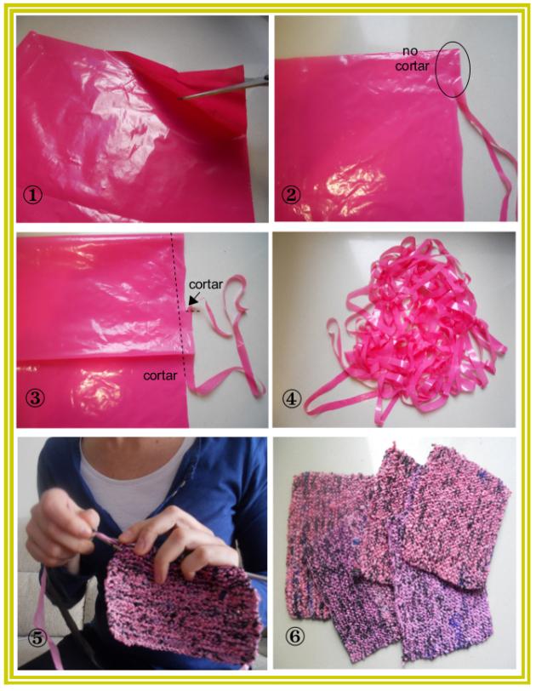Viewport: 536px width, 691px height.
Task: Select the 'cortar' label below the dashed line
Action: pos(160,374)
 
